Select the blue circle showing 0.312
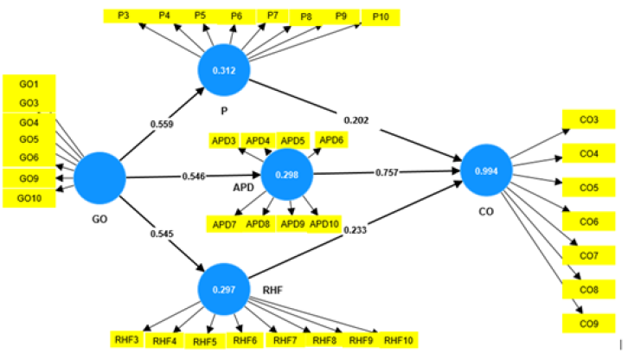pos(225,70)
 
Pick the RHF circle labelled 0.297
pos(224,288)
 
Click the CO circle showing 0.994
pos(486,170)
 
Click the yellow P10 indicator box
pos(380,16)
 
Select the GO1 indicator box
pos(29,85)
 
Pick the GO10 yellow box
pos(30,198)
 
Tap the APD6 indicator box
pos(331,139)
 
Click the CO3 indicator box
pos(588,119)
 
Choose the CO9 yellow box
pos(588,323)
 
